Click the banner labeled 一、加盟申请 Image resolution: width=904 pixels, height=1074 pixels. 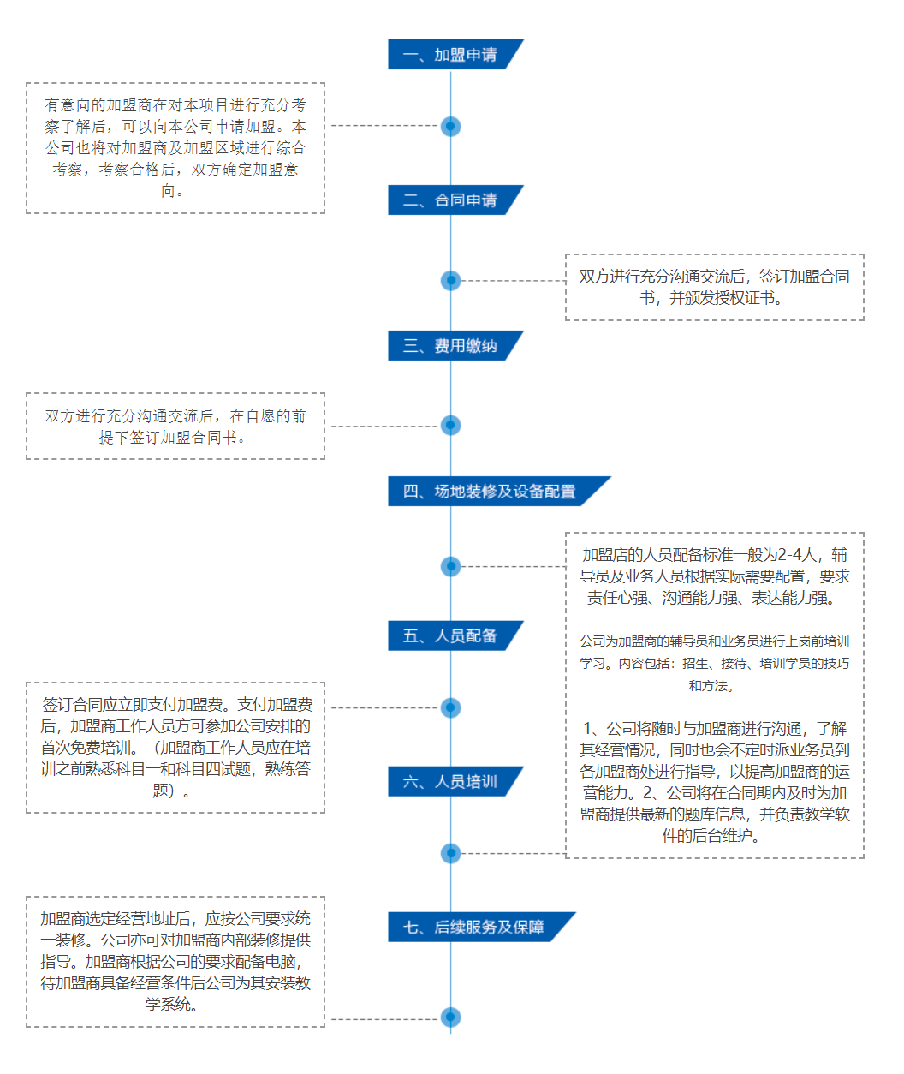454,55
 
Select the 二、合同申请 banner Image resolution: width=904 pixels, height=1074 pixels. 454,200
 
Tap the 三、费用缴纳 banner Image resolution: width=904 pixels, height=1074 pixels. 454,346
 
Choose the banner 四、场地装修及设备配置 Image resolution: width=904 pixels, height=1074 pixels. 497,492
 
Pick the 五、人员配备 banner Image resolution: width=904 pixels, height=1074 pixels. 454,636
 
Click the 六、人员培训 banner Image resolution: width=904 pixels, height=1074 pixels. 454,782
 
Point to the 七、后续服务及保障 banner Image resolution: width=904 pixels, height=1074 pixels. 479,928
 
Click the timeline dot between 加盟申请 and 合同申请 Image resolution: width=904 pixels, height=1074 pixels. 451,127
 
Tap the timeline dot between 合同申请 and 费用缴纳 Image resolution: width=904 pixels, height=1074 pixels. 451,280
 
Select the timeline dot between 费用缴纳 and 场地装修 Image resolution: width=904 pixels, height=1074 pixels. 451,426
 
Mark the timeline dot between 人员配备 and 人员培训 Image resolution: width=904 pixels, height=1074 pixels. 451,707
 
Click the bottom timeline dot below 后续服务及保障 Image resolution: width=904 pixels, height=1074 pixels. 451,1017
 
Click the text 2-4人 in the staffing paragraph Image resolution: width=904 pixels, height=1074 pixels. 797,555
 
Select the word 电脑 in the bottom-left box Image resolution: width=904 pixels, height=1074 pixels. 282,962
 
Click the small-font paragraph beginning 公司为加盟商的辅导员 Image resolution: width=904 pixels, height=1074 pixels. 715,663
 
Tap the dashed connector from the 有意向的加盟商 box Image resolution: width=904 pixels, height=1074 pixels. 385,126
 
